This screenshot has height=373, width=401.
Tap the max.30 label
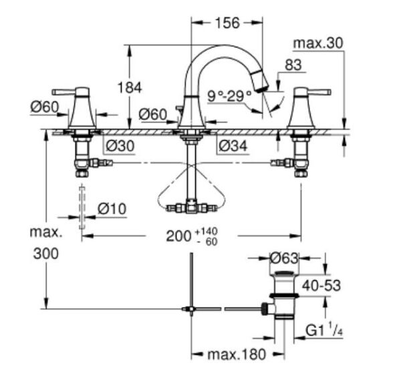point(317,43)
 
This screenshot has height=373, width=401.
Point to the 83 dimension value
point(293,65)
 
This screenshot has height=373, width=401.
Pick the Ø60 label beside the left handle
point(44,106)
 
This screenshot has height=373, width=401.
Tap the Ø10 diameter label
point(111,209)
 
